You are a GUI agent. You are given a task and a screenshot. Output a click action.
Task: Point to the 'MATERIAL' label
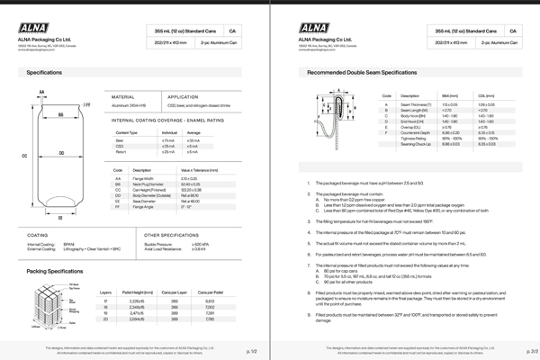click(122, 96)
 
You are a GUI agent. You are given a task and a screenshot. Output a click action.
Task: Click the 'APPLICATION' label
click(183, 96)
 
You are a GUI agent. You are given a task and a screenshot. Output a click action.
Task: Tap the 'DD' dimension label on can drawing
click(61, 154)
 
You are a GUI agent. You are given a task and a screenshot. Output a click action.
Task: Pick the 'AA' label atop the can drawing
click(41, 92)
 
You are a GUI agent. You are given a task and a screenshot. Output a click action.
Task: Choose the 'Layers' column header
click(106, 292)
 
